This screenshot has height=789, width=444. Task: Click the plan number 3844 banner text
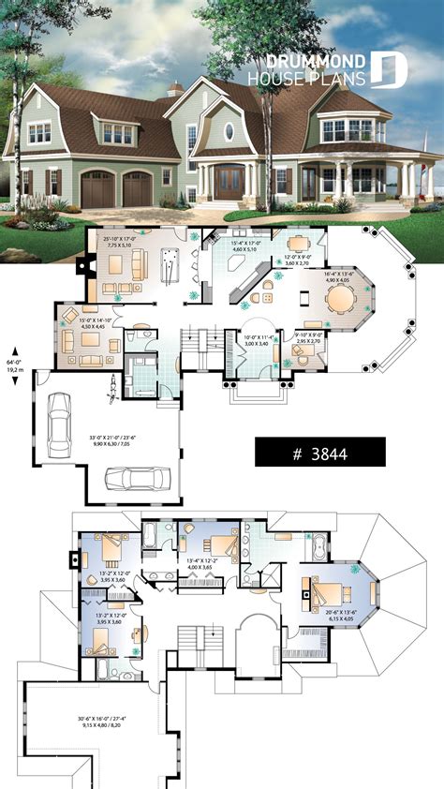point(319,453)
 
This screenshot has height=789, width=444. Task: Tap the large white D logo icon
point(389,70)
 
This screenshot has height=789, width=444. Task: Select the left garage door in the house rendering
point(96,190)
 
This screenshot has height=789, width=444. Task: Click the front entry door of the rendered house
point(229,182)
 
